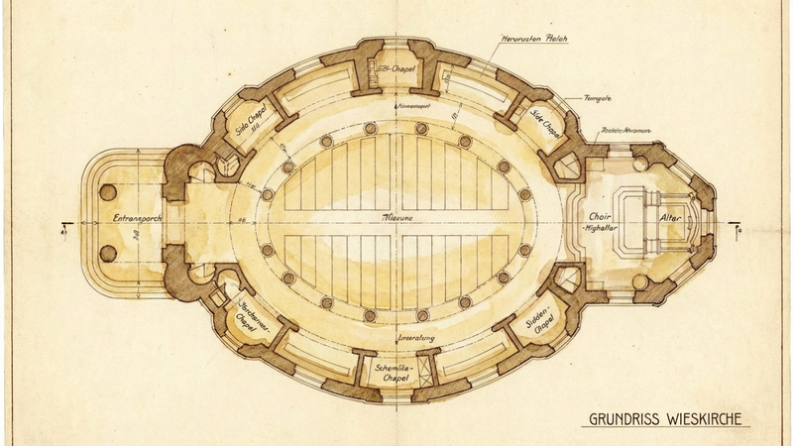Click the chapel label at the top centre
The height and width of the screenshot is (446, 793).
coord(396,67)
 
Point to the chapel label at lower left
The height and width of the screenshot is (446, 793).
coord(256,317)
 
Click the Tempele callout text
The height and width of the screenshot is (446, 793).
coord(597,99)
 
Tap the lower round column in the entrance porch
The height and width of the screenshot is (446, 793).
coord(109,249)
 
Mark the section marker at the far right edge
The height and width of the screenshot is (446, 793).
coord(738,229)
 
